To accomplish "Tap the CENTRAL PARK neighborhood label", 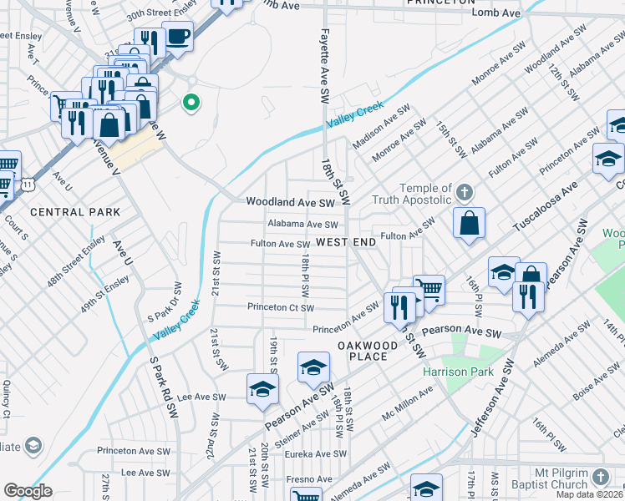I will [x=75, y=212].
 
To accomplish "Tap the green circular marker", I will [x=191, y=104].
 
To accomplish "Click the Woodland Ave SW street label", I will [x=290, y=202].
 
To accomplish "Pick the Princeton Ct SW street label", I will [x=281, y=307].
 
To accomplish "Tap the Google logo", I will [x=28, y=491].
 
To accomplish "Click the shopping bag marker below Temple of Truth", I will [x=470, y=224].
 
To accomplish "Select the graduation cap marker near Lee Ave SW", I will [x=262, y=389].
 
